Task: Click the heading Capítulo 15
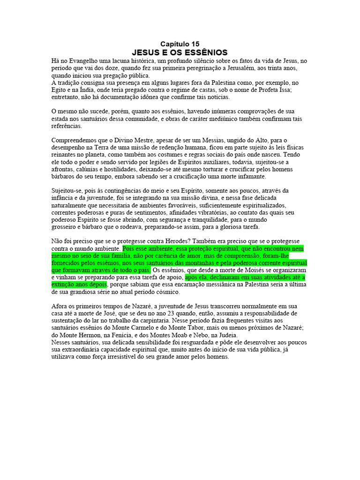[180, 44]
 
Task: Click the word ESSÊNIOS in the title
[207, 52]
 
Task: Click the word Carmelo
[142, 329]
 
